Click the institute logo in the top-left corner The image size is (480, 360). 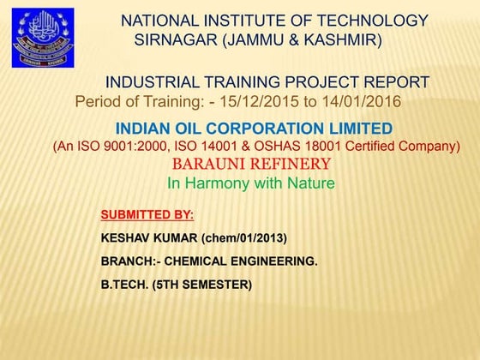coord(42,38)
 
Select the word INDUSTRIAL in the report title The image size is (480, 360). coord(153,82)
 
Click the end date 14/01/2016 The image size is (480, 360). coord(361,102)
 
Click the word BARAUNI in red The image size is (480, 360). coord(207,164)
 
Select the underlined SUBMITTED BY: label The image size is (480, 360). coord(147,214)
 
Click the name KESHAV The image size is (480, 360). coord(128,237)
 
